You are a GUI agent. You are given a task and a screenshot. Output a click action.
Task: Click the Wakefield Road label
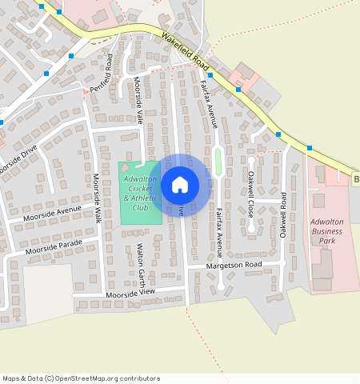point(185,50)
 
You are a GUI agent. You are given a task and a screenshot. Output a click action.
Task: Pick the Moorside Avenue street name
point(53,212)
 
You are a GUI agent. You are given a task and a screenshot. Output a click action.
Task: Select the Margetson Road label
point(234,264)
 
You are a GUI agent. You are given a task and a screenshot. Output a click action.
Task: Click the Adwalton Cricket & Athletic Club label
point(140,193)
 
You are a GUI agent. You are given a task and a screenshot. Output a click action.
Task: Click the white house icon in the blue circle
point(180,185)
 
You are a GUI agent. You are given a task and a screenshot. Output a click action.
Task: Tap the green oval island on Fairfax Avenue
point(218,162)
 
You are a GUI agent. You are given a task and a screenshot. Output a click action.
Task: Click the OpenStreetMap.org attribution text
point(80,378)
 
